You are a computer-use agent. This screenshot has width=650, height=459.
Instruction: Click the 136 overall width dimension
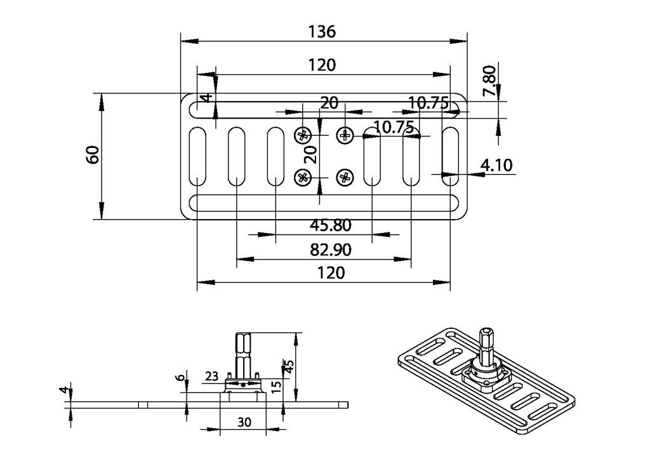click(x=322, y=32)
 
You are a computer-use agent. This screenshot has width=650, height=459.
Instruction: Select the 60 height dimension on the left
click(x=93, y=155)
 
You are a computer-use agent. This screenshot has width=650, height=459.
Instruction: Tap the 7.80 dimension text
click(x=489, y=81)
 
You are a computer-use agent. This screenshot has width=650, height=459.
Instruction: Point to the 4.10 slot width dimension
click(x=496, y=165)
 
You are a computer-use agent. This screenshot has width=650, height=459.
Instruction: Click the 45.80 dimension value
click(x=330, y=225)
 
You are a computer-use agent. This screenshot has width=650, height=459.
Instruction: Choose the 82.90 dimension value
click(x=330, y=249)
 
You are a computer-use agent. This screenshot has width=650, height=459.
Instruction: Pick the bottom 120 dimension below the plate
click(x=331, y=273)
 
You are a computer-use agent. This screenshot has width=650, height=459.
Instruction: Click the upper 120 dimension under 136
click(x=322, y=65)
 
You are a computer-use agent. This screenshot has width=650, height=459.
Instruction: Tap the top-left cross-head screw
click(x=303, y=135)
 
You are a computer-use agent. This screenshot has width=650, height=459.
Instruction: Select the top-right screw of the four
click(x=345, y=135)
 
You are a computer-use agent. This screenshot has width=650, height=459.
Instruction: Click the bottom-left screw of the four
click(x=303, y=178)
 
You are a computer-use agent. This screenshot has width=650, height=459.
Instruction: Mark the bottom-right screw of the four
click(x=345, y=178)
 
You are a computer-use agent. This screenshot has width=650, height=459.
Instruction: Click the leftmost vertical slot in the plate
click(x=198, y=156)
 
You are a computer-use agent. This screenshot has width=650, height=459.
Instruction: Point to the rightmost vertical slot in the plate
click(x=450, y=156)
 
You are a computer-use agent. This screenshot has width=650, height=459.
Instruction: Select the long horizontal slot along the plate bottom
click(x=324, y=203)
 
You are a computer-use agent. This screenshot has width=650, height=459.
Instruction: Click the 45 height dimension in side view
click(x=289, y=366)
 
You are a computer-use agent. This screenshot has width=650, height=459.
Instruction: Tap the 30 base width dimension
click(x=244, y=422)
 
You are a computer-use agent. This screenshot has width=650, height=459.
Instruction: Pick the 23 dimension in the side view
click(x=211, y=376)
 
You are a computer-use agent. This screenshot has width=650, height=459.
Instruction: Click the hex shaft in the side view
click(x=243, y=353)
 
